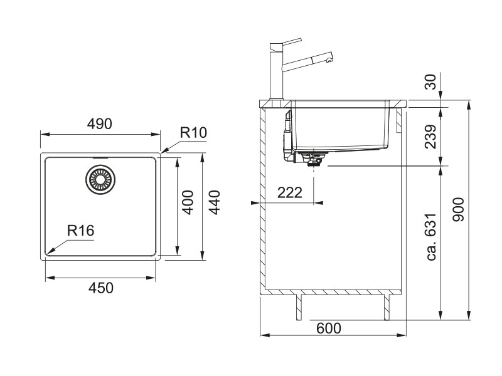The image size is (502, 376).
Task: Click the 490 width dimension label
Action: pyautogui.click(x=99, y=125)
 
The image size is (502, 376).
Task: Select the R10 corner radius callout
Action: pyautogui.click(x=193, y=133)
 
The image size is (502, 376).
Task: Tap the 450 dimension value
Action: pyautogui.click(x=100, y=288)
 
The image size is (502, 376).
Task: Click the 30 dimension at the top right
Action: pyautogui.click(x=430, y=82)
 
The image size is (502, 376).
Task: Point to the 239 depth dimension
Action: pyautogui.click(x=430, y=136)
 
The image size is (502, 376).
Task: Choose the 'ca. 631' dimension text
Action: pyautogui.click(x=430, y=242)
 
